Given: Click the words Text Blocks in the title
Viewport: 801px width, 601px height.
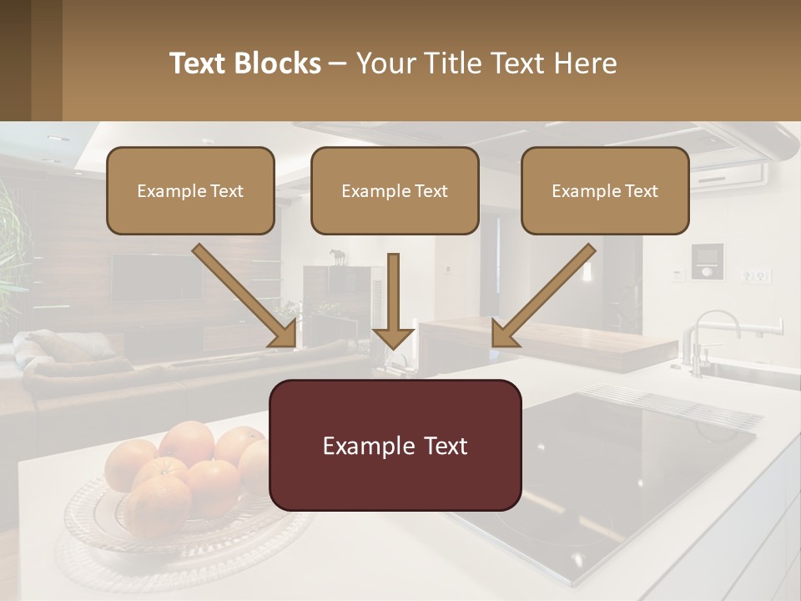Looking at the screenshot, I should coord(244,63).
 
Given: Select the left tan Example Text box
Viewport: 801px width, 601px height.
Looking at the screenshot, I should coord(190,190).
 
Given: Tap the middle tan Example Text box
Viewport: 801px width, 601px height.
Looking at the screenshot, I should coord(395,190).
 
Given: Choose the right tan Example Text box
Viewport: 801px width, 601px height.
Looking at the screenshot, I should coord(605,190).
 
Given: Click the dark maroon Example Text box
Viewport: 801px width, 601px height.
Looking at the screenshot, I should coord(395,445).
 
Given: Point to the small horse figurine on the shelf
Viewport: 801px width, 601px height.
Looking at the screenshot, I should coord(338,257).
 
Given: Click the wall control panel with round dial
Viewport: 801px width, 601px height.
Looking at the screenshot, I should coord(707,260).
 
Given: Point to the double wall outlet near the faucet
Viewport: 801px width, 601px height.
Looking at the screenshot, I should coord(758,275).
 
